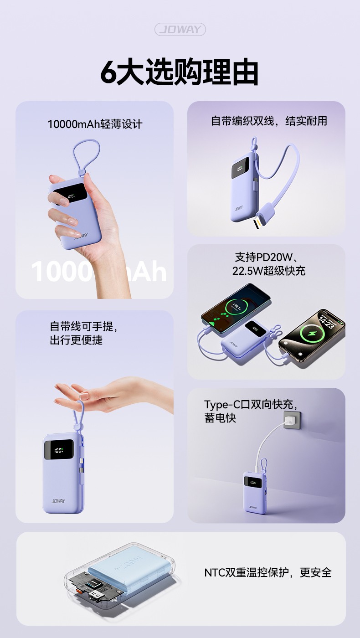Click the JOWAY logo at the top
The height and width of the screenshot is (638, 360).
[180, 29]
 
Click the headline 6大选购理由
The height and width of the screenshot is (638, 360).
[180, 72]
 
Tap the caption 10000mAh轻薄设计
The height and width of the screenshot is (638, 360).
[95, 124]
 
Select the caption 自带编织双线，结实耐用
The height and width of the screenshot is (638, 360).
[269, 121]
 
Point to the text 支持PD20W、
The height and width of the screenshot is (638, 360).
[267, 257]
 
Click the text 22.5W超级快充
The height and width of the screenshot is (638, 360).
[269, 271]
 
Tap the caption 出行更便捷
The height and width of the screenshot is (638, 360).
[76, 340]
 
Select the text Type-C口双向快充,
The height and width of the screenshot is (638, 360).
[251, 405]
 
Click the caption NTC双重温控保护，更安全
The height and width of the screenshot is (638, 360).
[268, 572]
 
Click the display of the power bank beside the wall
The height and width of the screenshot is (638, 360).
[252, 483]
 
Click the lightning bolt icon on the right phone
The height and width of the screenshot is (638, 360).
[313, 334]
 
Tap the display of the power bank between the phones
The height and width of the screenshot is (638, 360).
[255, 329]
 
